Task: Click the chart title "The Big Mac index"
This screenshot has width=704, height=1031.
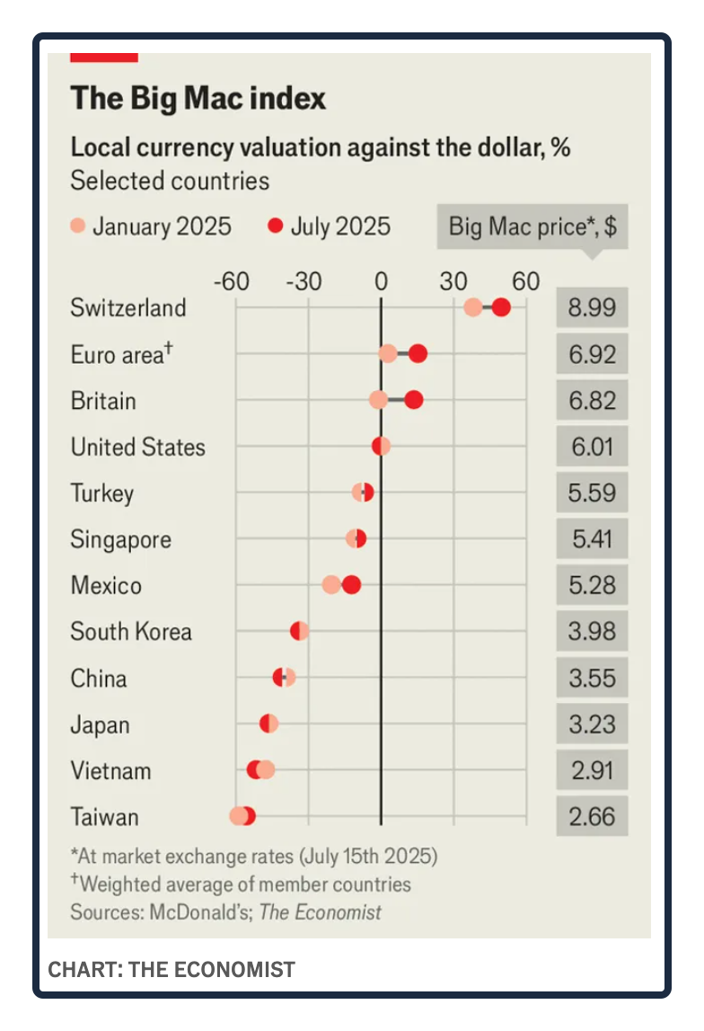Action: tap(198, 97)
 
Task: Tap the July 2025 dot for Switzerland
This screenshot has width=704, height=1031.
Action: tap(501, 307)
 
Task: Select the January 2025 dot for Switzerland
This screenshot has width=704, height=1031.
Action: tap(473, 307)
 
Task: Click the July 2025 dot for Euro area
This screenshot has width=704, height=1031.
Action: tap(418, 354)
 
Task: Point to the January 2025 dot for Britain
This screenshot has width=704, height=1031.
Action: tap(379, 400)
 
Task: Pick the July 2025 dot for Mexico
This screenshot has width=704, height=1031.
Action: tap(352, 585)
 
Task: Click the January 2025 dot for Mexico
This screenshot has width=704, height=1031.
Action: tap(331, 585)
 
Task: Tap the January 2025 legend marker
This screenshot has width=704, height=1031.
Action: tap(78, 226)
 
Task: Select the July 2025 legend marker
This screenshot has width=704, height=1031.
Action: tap(276, 226)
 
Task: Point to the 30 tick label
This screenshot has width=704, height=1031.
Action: tap(453, 281)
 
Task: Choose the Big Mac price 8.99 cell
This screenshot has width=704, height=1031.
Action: tap(592, 308)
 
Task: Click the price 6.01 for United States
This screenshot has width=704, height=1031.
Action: tap(592, 447)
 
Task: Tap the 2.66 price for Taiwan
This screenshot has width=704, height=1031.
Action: tap(592, 817)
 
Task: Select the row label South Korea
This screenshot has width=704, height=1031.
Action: tap(131, 632)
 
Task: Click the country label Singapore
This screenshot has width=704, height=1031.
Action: tap(121, 539)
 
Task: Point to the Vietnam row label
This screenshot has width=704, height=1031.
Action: tap(110, 771)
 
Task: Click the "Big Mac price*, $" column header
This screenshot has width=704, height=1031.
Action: tap(532, 227)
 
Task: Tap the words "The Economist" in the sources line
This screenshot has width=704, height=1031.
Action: tap(321, 912)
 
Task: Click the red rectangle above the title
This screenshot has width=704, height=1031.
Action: tap(104, 57)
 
